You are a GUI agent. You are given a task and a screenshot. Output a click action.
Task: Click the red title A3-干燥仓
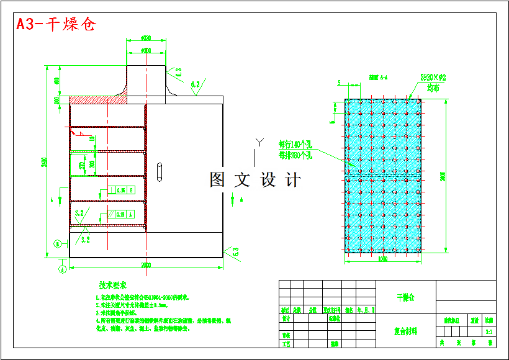pos(56,25)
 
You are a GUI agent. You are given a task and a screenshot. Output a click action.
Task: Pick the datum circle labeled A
pos(62,269)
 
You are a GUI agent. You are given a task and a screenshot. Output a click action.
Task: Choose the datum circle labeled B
pos(57,243)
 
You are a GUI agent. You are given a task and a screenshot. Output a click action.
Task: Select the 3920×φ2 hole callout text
pos(433,78)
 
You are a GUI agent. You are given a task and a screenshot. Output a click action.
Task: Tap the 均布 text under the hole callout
pos(432,88)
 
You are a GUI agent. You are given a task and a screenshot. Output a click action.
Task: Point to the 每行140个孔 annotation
pos(295,145)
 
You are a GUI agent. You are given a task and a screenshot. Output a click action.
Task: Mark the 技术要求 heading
pos(112,286)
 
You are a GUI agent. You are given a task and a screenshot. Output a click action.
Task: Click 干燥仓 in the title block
pos(405,297)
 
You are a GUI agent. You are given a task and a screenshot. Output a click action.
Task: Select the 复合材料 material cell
pos(405,331)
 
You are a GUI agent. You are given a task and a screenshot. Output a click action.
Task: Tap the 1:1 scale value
pos(489,331)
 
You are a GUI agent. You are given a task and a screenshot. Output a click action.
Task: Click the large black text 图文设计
pos(255,180)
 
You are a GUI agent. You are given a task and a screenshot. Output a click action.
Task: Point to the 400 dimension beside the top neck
pos(56,81)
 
